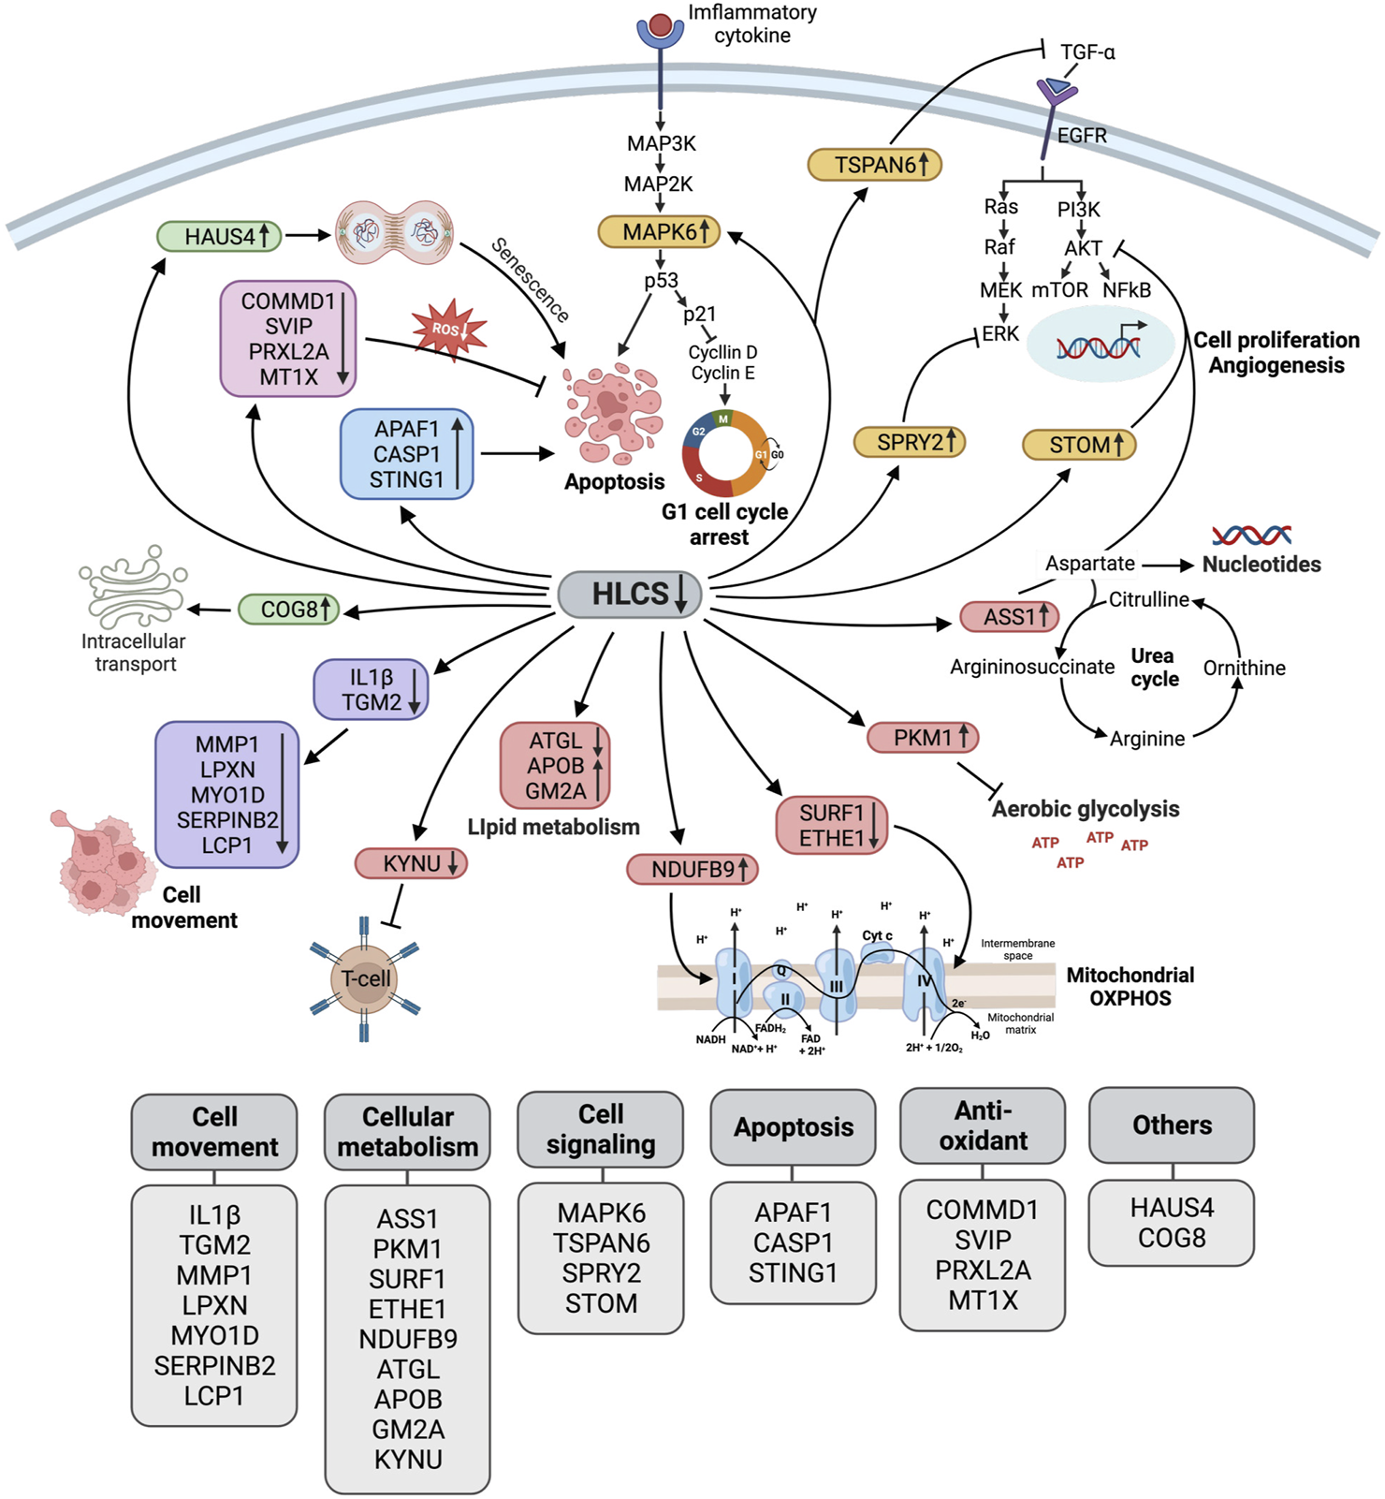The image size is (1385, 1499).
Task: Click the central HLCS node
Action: click(630, 595)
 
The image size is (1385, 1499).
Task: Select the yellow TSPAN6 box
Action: click(874, 165)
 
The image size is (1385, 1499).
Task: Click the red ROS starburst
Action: click(449, 330)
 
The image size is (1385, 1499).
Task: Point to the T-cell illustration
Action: click(365, 979)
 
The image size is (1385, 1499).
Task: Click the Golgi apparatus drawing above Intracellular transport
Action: click(133, 587)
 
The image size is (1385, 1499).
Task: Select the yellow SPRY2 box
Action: click(909, 442)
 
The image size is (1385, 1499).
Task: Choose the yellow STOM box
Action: click(1079, 445)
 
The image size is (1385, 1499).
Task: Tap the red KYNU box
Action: click(411, 863)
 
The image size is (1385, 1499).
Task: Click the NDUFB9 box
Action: click(692, 869)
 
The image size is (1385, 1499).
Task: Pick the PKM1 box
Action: click(923, 738)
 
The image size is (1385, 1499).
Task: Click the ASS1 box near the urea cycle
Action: click(1009, 617)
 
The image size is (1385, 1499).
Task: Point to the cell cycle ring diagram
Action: click(724, 454)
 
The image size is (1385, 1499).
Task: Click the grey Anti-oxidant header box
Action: click(983, 1125)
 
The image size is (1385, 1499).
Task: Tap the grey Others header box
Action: click(1172, 1125)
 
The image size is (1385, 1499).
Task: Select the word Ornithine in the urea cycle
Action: click(1244, 668)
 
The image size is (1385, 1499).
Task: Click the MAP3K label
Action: click(661, 143)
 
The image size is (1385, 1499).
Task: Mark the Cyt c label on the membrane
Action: click(877, 935)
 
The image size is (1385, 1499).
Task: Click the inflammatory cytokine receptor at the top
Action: click(661, 30)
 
